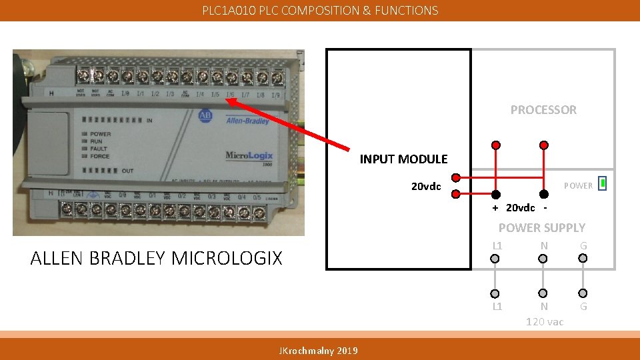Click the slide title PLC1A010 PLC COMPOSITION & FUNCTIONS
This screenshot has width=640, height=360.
coord(320,10)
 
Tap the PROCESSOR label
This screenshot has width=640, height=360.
coord(543,110)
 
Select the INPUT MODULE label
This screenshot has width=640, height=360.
coord(403,159)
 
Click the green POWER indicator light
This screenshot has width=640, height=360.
coord(602,183)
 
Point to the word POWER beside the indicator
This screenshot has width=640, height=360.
coord(578,186)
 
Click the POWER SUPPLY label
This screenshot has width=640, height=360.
coord(541,227)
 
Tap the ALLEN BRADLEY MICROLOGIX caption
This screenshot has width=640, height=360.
coord(156,258)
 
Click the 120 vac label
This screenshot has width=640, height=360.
coord(544,322)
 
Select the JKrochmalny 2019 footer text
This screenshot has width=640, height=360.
coord(318,351)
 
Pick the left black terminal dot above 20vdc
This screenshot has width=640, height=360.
coord(496,195)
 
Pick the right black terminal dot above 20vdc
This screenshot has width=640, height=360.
coord(543,195)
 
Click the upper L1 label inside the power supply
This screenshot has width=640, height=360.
coord(497,246)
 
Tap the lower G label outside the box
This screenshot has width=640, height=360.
coord(583,307)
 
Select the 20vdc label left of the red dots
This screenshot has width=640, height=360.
coord(425,186)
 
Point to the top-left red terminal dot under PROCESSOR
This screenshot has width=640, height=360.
coord(496,145)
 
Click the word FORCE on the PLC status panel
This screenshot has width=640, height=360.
coord(101,157)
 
